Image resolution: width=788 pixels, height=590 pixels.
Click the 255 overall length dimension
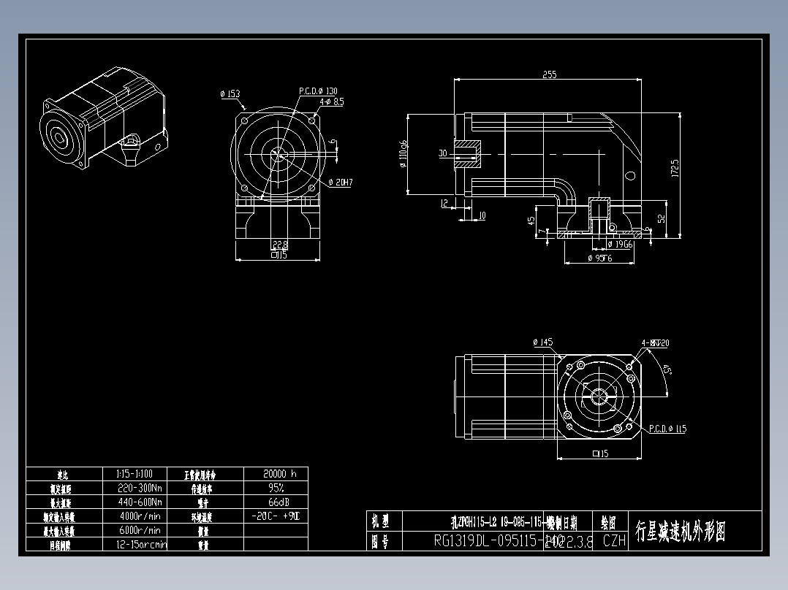(549, 74)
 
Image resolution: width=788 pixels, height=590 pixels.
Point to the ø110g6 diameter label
(404, 153)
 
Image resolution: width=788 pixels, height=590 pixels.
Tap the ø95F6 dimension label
(600, 258)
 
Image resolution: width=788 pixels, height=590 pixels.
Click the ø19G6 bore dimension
(620, 244)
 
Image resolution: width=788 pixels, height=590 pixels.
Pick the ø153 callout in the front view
(230, 93)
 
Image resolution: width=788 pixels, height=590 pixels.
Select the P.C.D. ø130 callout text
(318, 91)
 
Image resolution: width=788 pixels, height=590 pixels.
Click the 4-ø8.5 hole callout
(331, 102)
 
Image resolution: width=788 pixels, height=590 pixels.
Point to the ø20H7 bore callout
(341, 182)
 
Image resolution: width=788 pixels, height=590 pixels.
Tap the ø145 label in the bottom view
(543, 342)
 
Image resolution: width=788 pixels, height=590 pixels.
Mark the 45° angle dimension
(667, 370)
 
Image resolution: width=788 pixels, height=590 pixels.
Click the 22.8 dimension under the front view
(279, 245)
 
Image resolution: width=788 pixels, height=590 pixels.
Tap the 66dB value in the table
(276, 502)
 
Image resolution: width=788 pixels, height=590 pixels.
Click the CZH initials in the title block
(614, 541)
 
